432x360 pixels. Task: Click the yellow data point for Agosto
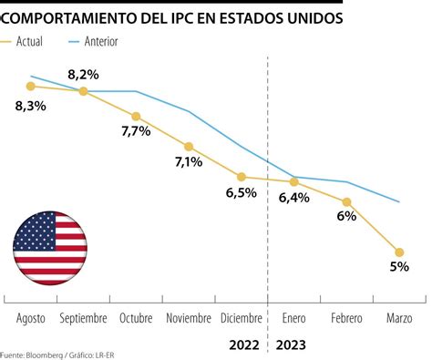point(31,86)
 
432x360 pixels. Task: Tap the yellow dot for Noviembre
point(189,146)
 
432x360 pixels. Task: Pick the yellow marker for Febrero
point(346,201)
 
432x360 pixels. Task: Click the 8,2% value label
point(83,73)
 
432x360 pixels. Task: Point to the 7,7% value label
point(136,131)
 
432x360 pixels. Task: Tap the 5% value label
point(399,267)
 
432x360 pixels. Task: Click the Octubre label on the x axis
point(135,318)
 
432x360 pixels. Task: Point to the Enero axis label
point(293,318)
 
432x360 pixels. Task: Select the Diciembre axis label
point(242,318)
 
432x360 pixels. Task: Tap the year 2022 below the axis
point(244,345)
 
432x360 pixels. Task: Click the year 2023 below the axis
point(290,345)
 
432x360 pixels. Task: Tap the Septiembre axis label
point(83,318)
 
